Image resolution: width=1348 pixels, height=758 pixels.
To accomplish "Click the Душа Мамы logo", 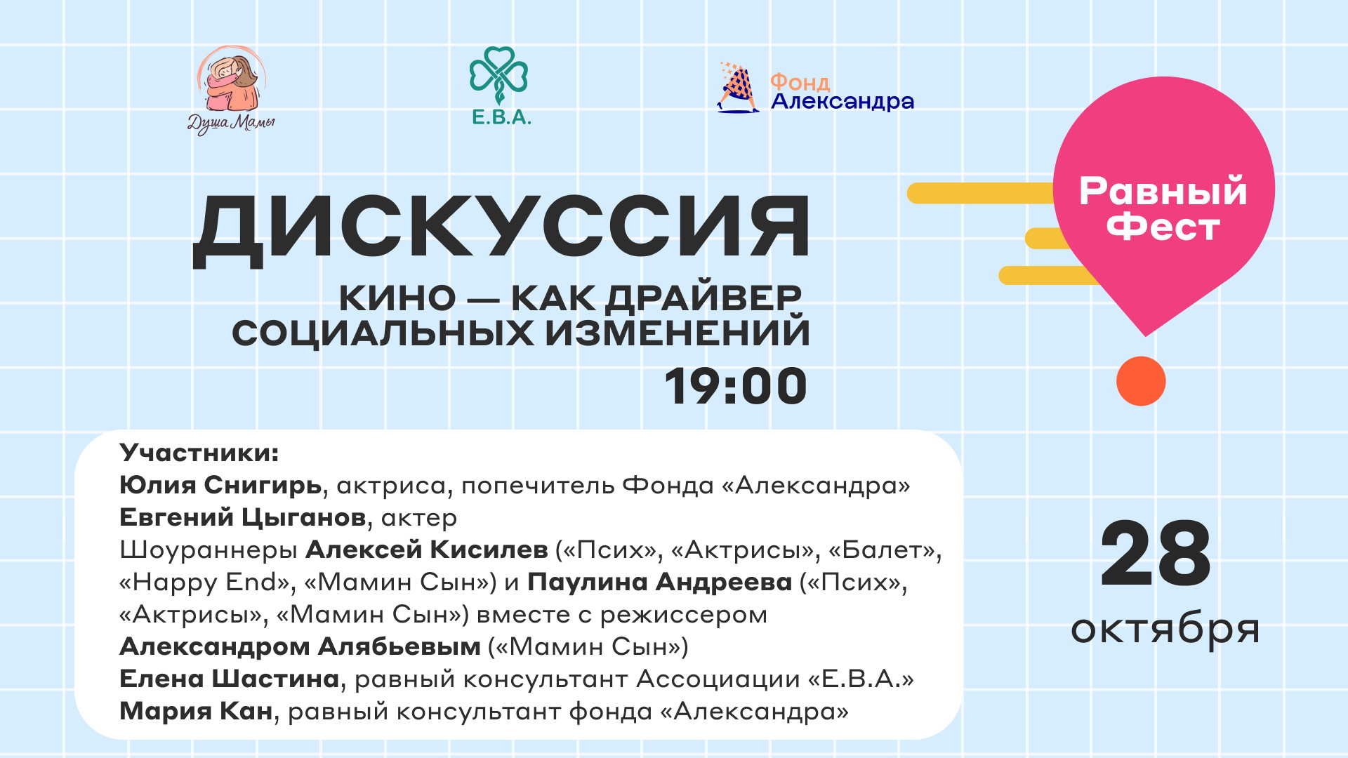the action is point(231,90).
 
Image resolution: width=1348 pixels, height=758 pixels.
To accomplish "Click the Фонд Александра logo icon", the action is point(737,88).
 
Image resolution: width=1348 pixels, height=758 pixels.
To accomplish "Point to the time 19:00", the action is point(736,386).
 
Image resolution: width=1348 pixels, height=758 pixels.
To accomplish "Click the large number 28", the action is point(1156,554).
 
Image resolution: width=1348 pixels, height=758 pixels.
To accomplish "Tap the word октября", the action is point(1165,628).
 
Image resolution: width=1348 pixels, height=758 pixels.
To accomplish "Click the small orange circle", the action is point(1141,381).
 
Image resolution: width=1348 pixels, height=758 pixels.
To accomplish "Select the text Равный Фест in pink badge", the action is point(1163,208).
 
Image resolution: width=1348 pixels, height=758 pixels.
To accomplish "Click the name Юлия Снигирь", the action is point(220,485).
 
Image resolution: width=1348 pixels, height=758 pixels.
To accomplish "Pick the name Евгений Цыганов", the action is point(243,517).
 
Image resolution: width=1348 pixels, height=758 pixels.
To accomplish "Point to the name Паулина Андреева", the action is point(660,582).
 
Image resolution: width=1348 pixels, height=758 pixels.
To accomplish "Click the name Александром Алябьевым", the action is point(300,646).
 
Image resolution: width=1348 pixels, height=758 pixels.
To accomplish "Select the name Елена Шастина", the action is point(230,679).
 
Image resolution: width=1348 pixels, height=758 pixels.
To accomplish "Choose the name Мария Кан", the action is point(196,711).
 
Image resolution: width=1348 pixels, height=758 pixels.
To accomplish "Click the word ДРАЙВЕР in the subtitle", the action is point(703,298).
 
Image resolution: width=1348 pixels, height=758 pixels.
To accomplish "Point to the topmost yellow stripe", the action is point(983,193).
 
